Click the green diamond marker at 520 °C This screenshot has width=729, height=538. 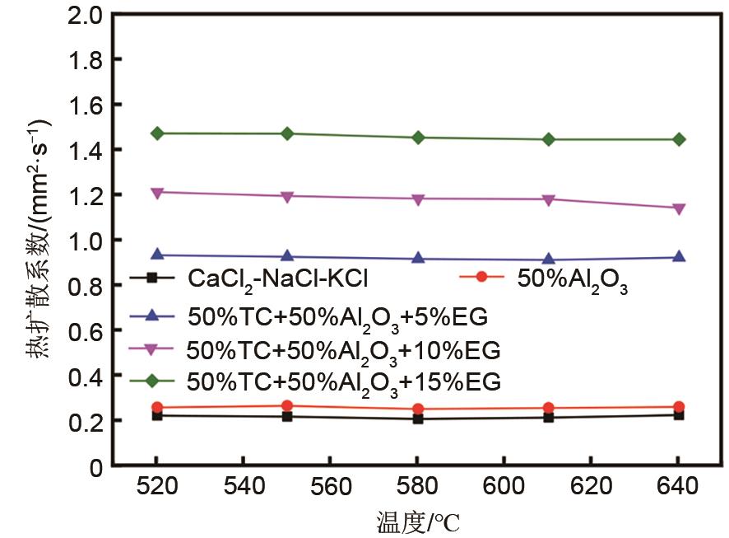[x=156, y=133]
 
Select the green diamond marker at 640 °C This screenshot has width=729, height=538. [x=679, y=139]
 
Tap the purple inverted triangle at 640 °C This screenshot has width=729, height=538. [x=679, y=208]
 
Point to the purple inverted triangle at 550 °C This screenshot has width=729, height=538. [x=287, y=197]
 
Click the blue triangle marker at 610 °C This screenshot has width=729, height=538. [x=548, y=260]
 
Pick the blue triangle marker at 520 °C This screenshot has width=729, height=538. [x=156, y=255]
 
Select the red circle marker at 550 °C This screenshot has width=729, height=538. [x=287, y=405]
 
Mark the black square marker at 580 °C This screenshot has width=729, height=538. [x=418, y=419]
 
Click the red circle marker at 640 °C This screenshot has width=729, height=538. [x=679, y=407]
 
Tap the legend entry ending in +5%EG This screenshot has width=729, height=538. [x=337, y=316]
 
